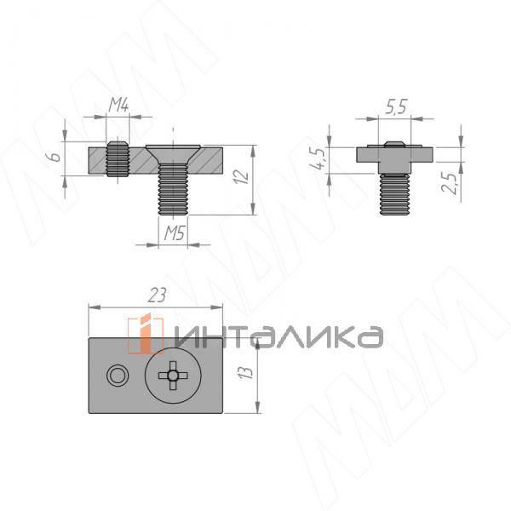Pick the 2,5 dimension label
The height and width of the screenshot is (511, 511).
pyautogui.click(x=452, y=181)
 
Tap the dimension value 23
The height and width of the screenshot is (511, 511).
pyautogui.click(x=157, y=295)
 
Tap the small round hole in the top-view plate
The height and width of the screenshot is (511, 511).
pyautogui.click(x=115, y=376)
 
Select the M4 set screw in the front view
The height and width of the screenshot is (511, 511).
pyautogui.click(x=118, y=158)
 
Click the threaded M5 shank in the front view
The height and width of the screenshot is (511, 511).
pyautogui.click(x=173, y=193)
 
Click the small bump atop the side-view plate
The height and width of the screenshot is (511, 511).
pyautogui.click(x=393, y=144)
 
